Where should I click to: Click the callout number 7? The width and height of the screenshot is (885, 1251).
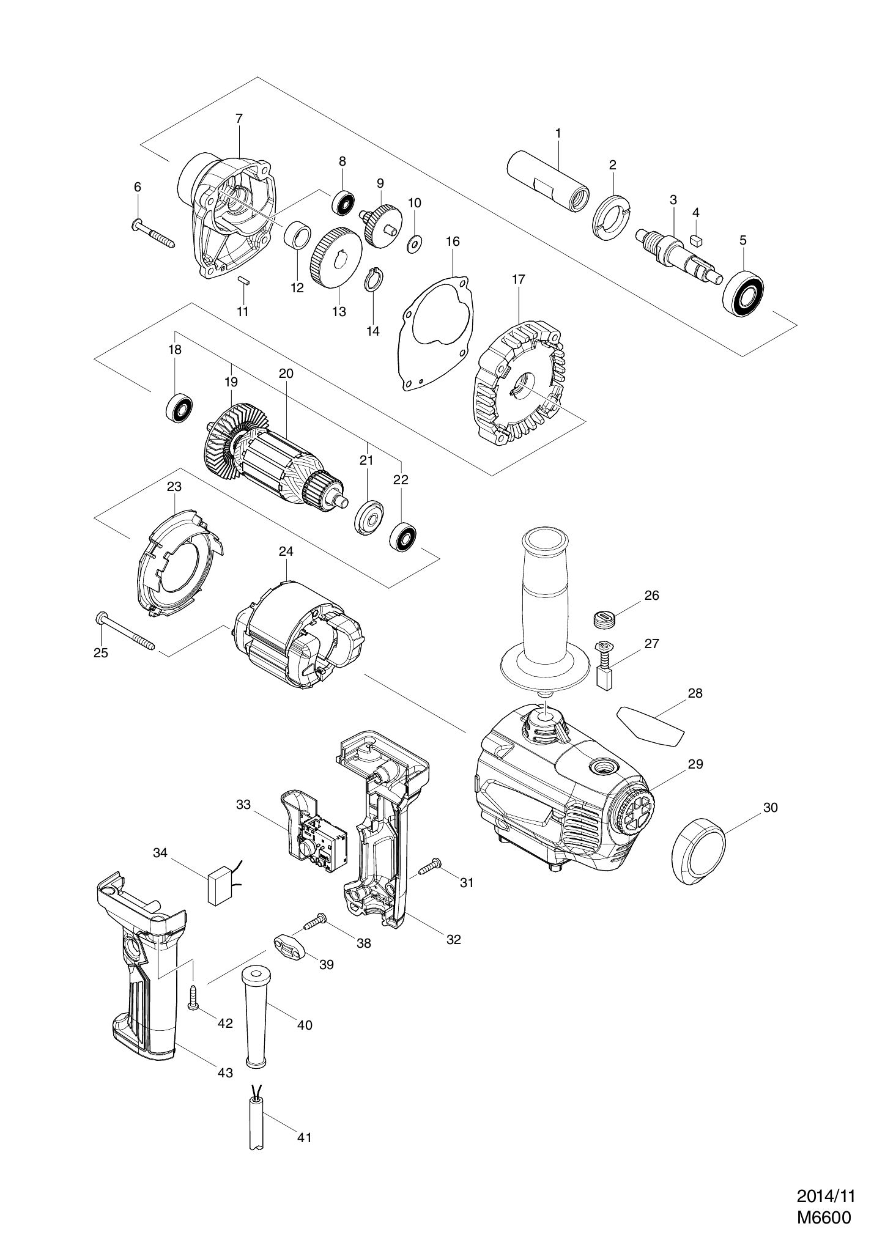click(x=239, y=119)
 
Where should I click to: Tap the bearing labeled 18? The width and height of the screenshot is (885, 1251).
click(x=179, y=408)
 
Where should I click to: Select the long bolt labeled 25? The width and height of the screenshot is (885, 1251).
click(x=125, y=630)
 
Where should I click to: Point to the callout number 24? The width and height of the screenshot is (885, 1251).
click(x=286, y=552)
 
